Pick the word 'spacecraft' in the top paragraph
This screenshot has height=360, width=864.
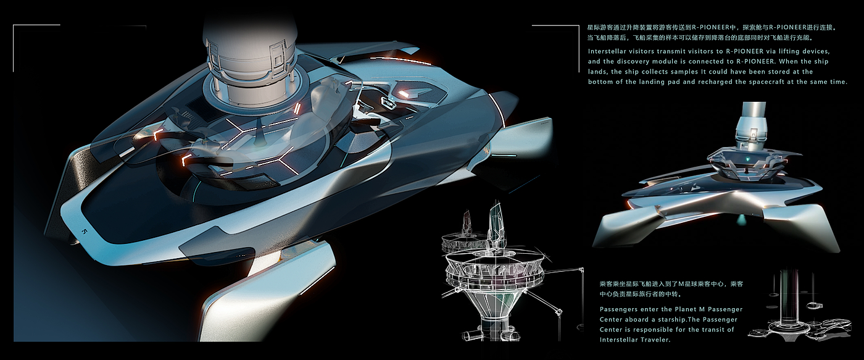[771, 82]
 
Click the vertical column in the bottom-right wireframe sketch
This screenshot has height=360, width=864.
[786, 303]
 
